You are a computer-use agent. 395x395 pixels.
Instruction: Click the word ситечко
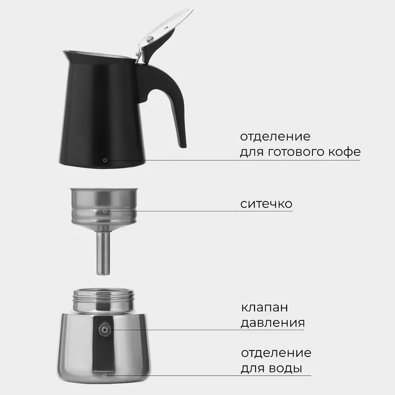point(266,204)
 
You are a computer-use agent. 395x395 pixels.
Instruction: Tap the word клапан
point(264,308)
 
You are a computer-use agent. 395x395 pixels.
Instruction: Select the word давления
point(273,323)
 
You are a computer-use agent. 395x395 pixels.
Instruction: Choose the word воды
point(286,368)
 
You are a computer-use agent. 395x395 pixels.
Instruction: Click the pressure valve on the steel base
point(104,329)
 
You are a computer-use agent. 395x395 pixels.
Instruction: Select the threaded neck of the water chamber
point(103,300)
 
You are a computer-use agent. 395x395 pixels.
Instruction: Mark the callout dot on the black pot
point(105,160)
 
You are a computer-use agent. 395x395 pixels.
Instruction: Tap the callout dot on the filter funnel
point(105,211)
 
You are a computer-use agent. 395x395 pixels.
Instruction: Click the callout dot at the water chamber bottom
point(104,376)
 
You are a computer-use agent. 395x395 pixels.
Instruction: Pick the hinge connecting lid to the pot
point(139,56)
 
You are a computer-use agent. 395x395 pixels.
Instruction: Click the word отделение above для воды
point(276,353)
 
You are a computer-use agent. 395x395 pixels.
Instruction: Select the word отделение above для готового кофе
point(275,137)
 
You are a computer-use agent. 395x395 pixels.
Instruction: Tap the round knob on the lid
point(151,39)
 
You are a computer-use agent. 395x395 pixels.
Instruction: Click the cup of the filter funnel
point(104,207)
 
